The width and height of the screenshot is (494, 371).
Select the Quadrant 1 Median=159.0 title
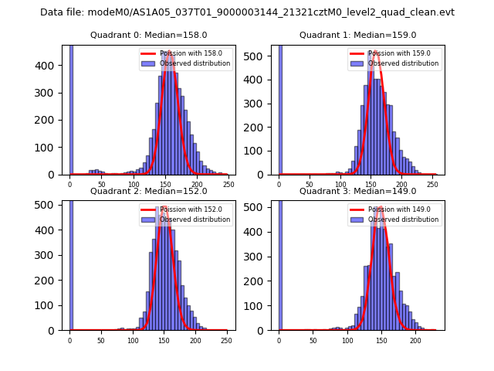click(x=357, y=35)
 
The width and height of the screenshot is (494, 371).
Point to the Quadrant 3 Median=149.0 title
click(x=357, y=191)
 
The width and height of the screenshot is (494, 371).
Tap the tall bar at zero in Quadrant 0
click(x=71, y=108)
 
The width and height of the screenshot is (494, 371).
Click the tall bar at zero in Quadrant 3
click(x=280, y=263)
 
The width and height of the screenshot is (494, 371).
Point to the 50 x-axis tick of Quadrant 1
click(x=310, y=184)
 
